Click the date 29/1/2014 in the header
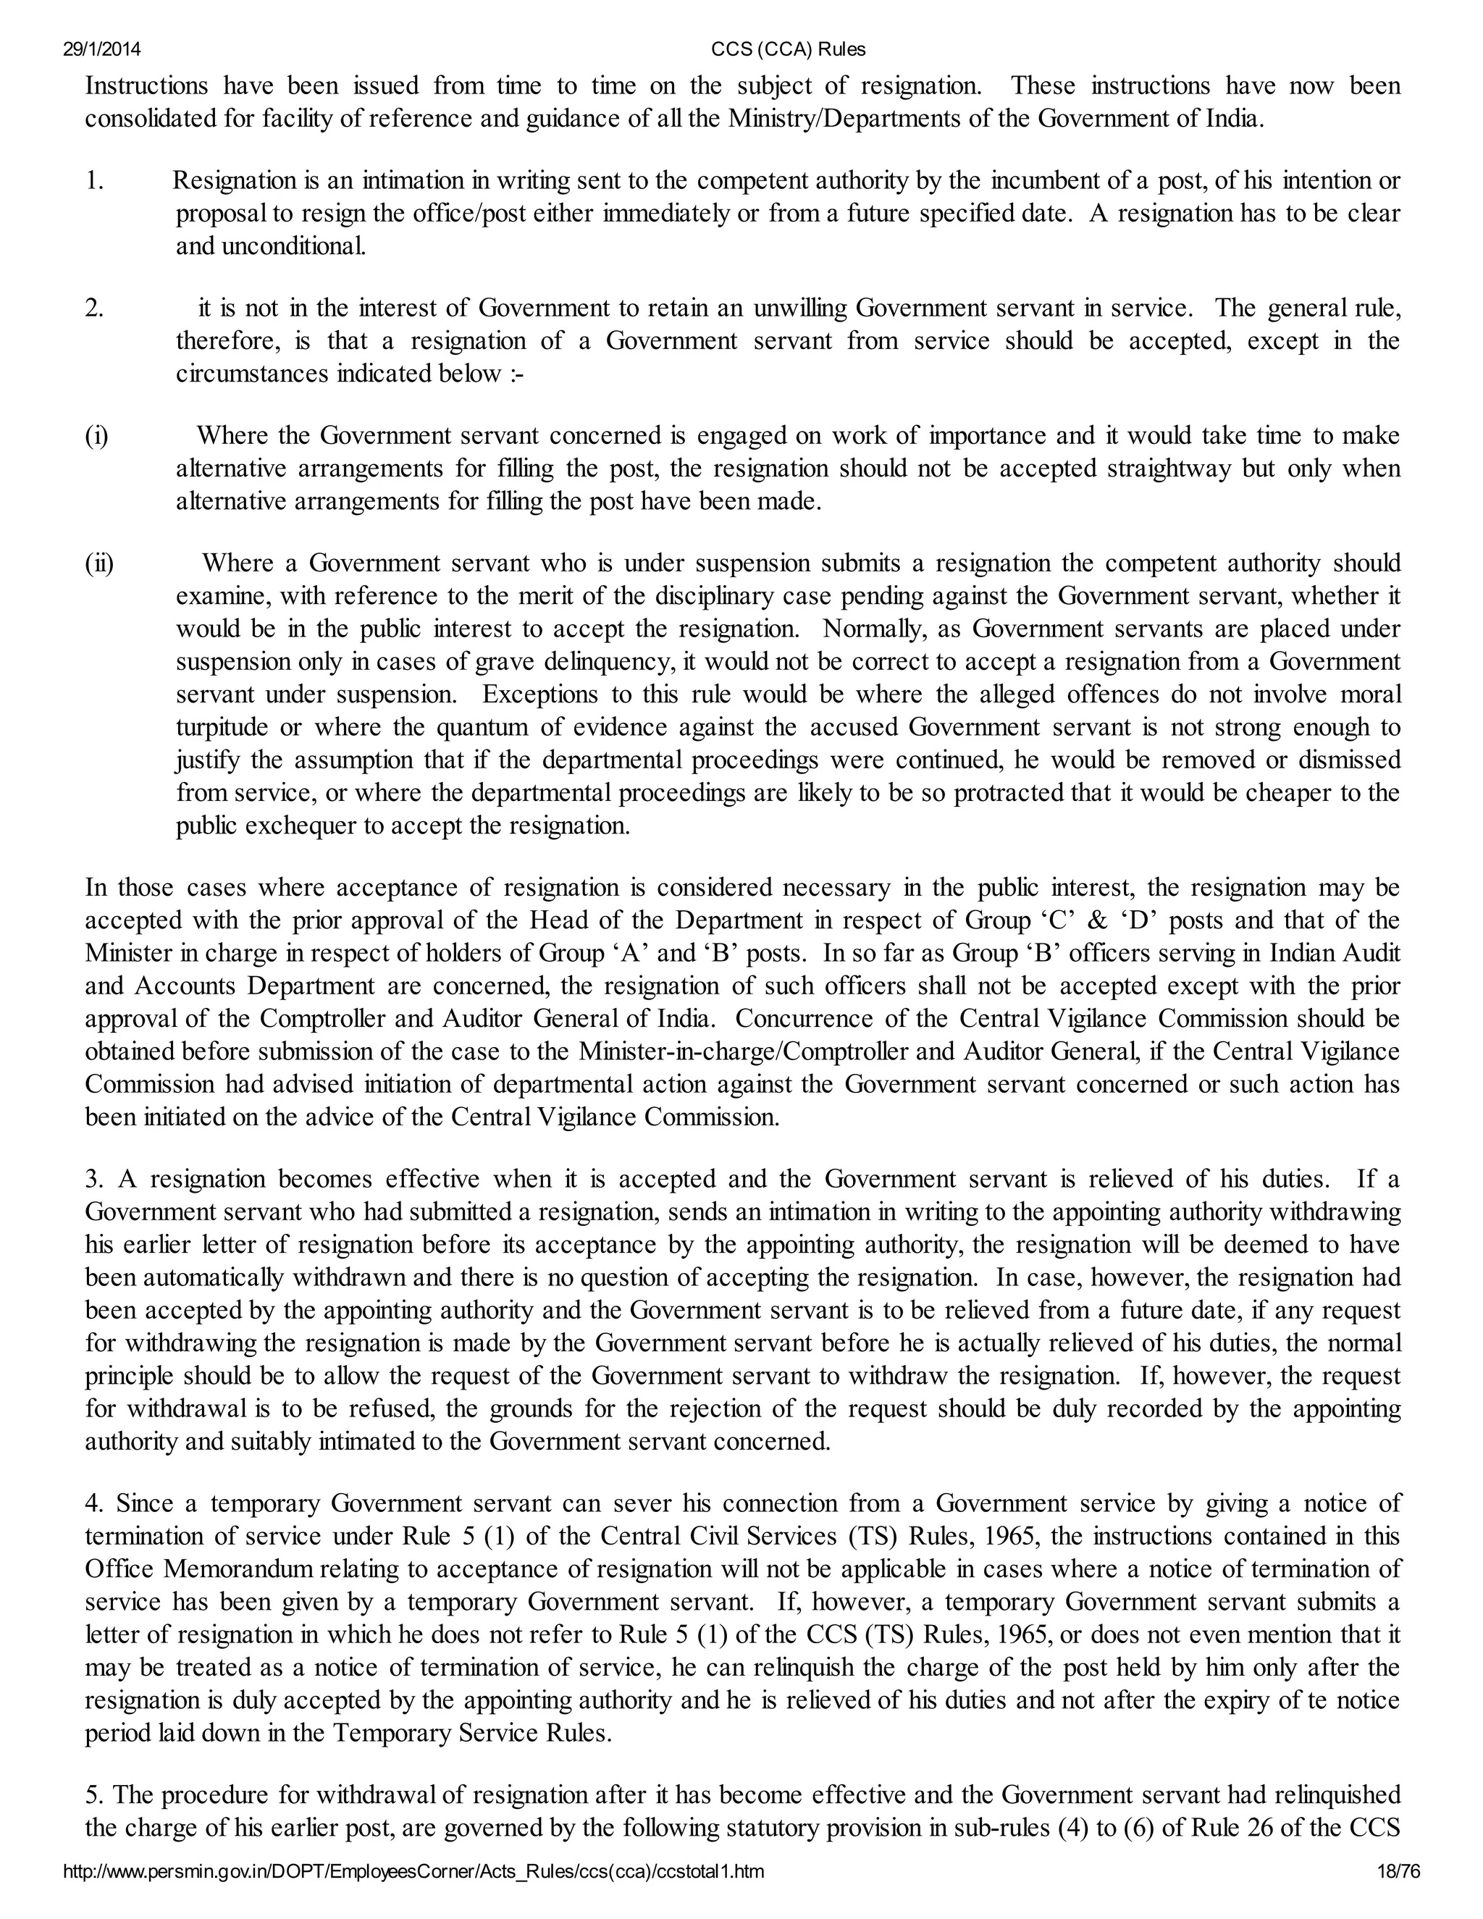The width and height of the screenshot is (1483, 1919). (102, 49)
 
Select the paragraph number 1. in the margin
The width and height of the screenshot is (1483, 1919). (95, 181)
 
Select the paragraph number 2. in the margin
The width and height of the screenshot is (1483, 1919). (95, 308)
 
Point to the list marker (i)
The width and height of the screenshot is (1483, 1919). (96, 436)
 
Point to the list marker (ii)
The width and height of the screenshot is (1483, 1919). (99, 563)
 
